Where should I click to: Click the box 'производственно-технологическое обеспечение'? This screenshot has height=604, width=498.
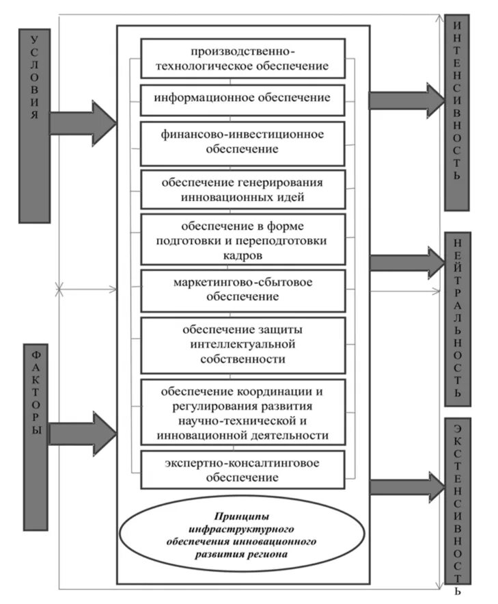coord(243,59)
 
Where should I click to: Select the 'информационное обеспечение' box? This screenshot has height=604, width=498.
coord(243,99)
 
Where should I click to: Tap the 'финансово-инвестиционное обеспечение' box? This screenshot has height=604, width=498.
coord(243,142)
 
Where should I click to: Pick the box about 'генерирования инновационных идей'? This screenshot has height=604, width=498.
coord(243,189)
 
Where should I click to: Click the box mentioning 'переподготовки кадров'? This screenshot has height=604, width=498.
coord(243,239)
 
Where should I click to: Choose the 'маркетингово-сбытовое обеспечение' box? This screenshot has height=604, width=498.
coord(243,289)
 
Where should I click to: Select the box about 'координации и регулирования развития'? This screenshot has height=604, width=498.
coord(243,413)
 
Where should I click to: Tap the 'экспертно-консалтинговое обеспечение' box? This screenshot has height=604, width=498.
coord(243,470)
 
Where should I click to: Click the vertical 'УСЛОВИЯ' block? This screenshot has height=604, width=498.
coord(34,125)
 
